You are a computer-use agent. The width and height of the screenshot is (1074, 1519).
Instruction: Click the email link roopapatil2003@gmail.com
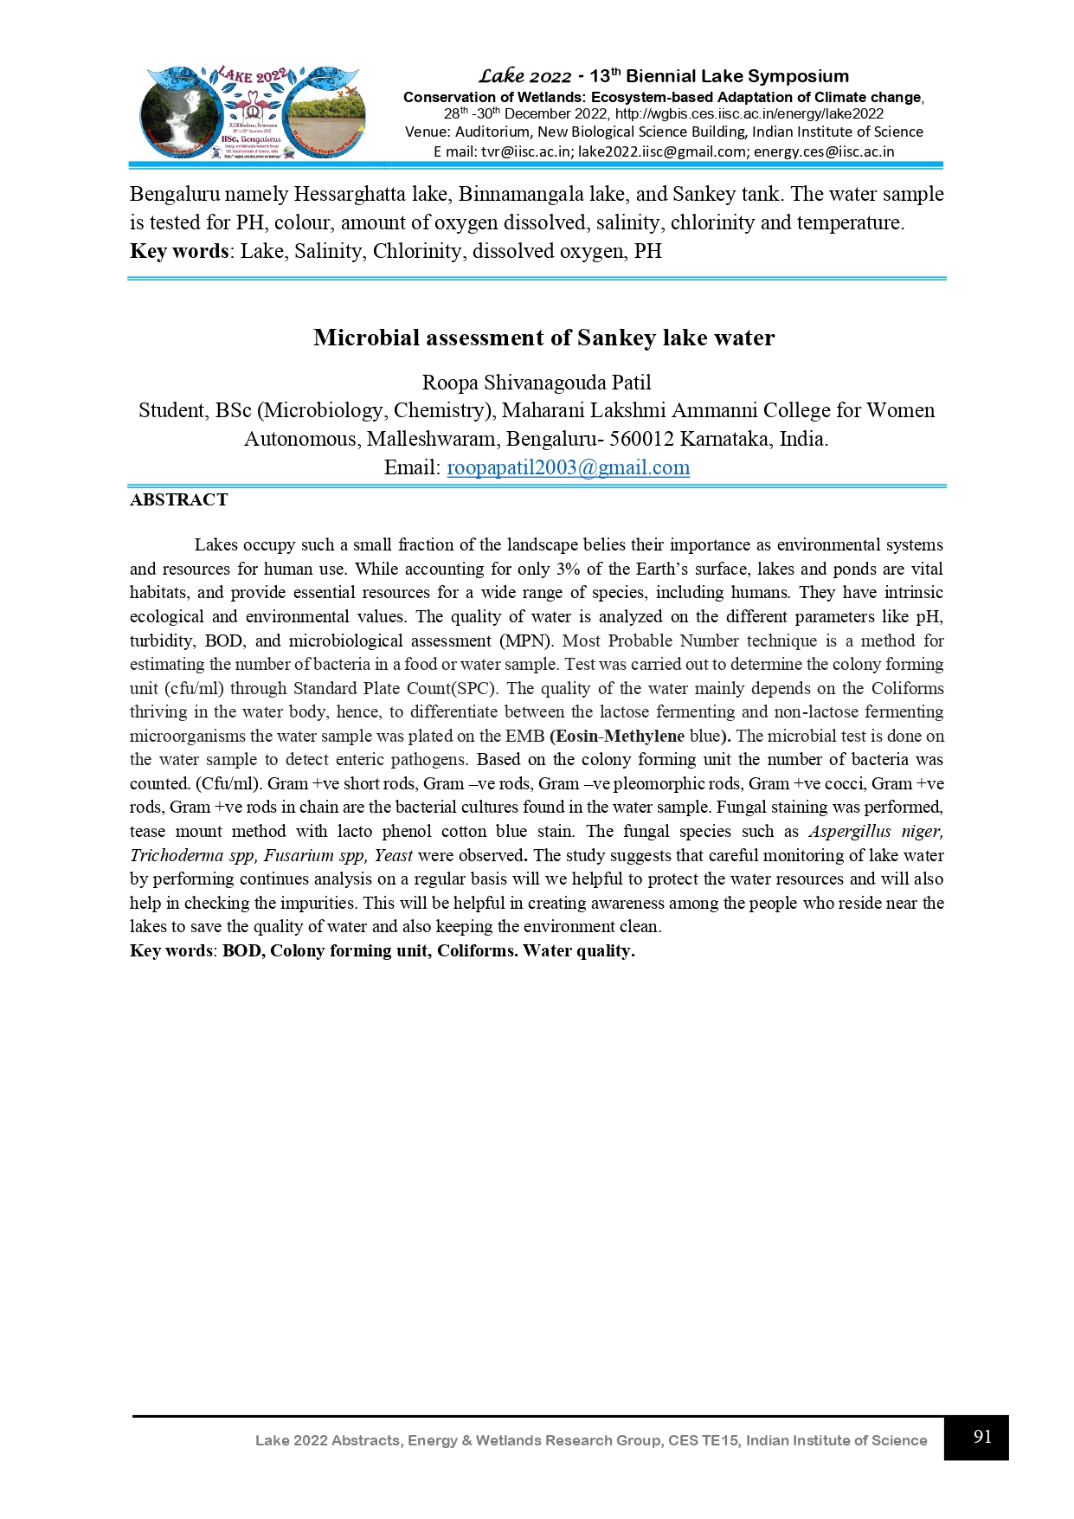tap(568, 468)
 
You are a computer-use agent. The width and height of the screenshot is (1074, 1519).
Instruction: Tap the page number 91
tap(981, 1437)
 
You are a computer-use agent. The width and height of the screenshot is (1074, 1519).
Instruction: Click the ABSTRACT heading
tap(179, 500)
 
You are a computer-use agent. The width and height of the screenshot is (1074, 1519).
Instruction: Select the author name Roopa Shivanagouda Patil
tap(537, 383)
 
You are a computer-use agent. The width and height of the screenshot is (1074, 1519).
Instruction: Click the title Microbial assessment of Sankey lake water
tap(543, 338)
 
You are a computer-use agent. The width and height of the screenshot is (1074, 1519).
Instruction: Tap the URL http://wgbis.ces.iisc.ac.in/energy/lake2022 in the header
tap(749, 114)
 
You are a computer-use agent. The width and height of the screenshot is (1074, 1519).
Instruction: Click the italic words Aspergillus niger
tap(875, 832)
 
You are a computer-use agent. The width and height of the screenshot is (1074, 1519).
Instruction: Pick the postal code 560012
tap(641, 440)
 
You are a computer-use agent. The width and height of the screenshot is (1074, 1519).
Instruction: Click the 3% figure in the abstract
tap(568, 570)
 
